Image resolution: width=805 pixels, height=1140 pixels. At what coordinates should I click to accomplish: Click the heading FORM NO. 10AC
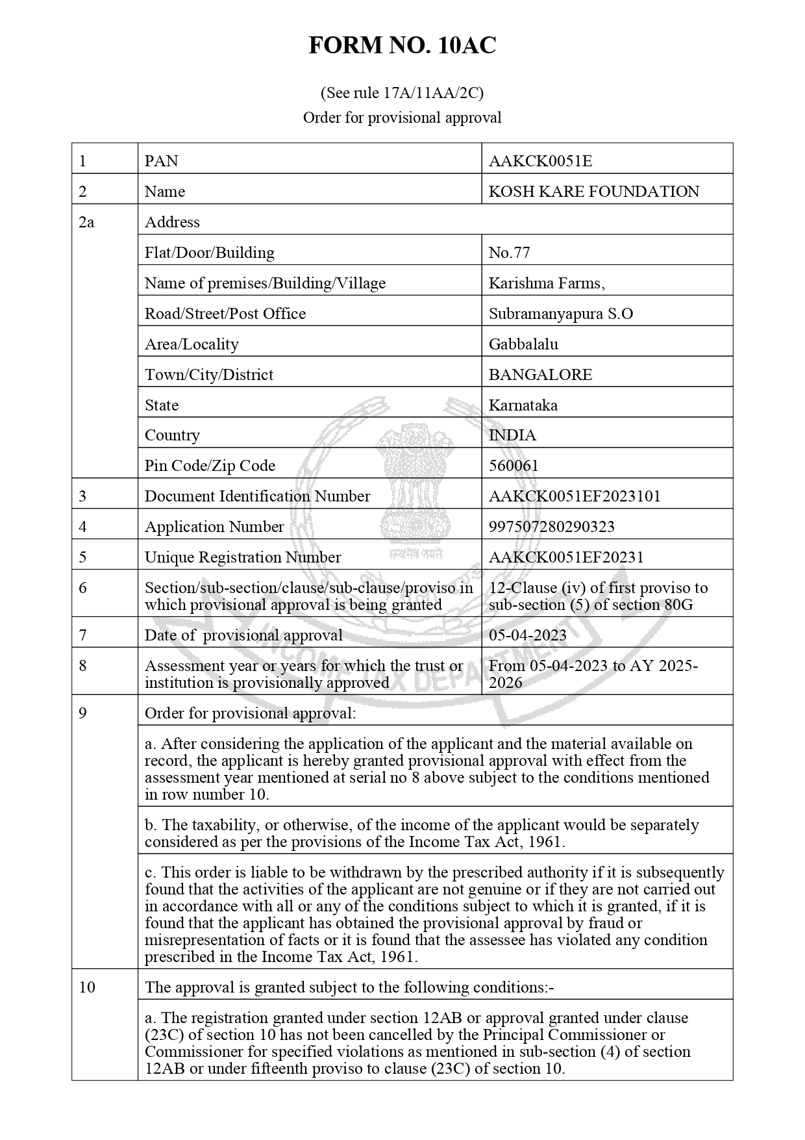(x=402, y=45)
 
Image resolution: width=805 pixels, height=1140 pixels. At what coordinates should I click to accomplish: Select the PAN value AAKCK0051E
(x=540, y=161)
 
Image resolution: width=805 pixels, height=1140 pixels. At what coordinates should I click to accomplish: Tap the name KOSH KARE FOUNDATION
(x=593, y=192)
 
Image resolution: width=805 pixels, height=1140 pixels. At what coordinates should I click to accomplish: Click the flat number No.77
(x=509, y=253)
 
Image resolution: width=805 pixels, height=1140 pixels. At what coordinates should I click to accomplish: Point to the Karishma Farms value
(x=547, y=283)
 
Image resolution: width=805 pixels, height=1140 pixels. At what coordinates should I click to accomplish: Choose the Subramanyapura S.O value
(x=560, y=314)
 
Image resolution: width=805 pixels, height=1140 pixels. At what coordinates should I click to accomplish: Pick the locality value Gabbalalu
(x=523, y=344)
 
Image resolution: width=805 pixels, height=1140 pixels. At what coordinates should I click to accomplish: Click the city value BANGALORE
(x=540, y=375)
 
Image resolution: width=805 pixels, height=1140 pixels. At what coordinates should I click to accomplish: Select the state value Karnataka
(x=523, y=405)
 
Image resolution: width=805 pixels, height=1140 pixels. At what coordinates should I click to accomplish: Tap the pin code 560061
(x=513, y=466)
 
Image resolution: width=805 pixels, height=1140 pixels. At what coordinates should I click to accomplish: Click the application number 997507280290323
(x=551, y=527)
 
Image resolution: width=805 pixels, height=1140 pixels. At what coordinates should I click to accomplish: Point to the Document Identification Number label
(x=257, y=496)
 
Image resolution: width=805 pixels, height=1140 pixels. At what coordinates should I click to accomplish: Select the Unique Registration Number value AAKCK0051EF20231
(x=566, y=557)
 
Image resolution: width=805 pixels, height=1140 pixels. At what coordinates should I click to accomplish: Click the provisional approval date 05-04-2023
(x=527, y=635)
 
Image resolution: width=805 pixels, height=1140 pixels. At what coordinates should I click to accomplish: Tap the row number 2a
(x=86, y=222)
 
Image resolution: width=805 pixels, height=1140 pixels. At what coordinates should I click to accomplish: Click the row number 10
(x=87, y=987)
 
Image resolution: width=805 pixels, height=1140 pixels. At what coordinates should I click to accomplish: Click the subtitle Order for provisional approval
(x=402, y=118)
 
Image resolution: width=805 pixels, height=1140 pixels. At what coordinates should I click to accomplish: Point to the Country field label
(x=172, y=435)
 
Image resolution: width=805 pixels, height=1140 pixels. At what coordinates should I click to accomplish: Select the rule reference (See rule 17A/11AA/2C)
(x=402, y=93)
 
